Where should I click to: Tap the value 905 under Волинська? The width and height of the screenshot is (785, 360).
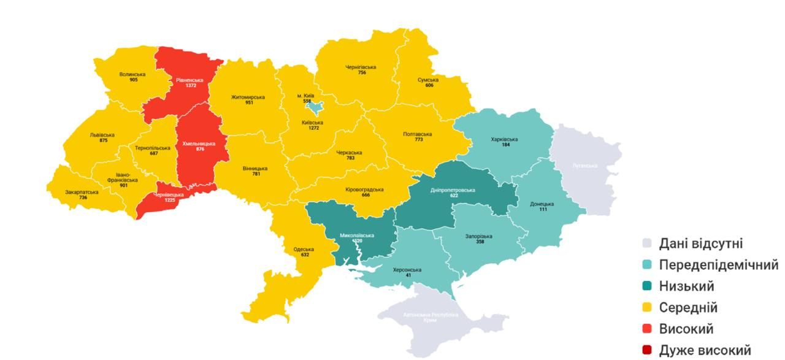click(x=133, y=80)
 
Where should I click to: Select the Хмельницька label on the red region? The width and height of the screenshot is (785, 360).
click(x=199, y=144)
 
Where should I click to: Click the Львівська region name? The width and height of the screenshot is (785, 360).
click(x=102, y=135)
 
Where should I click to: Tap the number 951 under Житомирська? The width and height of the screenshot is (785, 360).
click(x=248, y=103)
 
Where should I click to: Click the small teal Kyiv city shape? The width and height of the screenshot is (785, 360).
click(x=315, y=108)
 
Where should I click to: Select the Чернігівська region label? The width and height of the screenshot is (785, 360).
click(x=361, y=67)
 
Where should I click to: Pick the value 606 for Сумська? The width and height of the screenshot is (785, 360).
click(x=429, y=85)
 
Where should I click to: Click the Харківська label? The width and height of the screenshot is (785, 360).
click(x=504, y=139)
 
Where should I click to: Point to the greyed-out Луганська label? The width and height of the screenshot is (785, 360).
click(x=584, y=165)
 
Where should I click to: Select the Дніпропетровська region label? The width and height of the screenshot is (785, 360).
click(x=454, y=190)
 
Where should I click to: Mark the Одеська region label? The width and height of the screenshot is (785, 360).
click(x=304, y=249)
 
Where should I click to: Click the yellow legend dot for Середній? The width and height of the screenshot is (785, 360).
click(x=646, y=308)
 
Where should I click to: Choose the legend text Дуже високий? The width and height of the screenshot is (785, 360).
click(x=705, y=350)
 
